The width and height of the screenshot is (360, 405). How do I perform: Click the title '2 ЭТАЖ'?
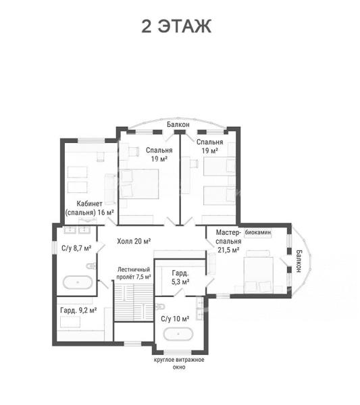click(x=176, y=26)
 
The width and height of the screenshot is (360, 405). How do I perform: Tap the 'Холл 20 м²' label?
click(x=134, y=242)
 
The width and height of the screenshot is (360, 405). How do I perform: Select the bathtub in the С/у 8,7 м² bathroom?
click(x=78, y=282)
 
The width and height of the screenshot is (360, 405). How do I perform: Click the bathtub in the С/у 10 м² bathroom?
click(x=178, y=334)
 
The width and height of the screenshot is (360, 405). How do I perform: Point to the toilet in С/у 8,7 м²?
click(x=91, y=265)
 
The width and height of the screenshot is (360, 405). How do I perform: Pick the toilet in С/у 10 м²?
click(x=161, y=306)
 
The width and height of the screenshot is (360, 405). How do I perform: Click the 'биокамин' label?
click(x=258, y=232)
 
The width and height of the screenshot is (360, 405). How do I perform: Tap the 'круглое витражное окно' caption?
click(x=179, y=363)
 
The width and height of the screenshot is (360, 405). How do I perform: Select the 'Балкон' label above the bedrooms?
click(x=178, y=124)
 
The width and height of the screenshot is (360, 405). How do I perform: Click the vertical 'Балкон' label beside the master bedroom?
click(x=299, y=261)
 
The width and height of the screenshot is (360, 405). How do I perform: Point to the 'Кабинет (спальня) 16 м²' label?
click(x=89, y=208)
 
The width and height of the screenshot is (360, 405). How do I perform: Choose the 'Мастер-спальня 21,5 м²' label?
click(x=228, y=241)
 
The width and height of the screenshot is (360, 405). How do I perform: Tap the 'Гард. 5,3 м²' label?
click(x=180, y=277)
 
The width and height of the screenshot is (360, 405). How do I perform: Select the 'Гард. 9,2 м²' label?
click(x=78, y=310)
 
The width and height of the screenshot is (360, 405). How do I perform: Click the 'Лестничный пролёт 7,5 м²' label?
click(x=134, y=273)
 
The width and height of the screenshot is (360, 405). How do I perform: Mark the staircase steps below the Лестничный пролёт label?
click(x=134, y=302)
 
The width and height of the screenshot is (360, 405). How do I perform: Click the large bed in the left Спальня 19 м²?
click(x=139, y=184)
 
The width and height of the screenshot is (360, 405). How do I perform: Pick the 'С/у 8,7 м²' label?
click(x=76, y=248)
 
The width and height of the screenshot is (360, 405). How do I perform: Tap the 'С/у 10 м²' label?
click(x=175, y=319)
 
